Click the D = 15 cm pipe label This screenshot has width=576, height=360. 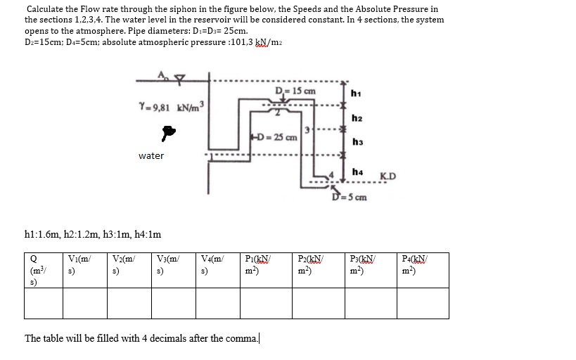click(295, 91)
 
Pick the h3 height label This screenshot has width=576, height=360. click(357, 142)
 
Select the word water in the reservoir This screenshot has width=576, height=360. click(151, 155)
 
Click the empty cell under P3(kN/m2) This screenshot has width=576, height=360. click(371, 303)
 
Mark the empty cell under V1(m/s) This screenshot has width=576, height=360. click(84, 303)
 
